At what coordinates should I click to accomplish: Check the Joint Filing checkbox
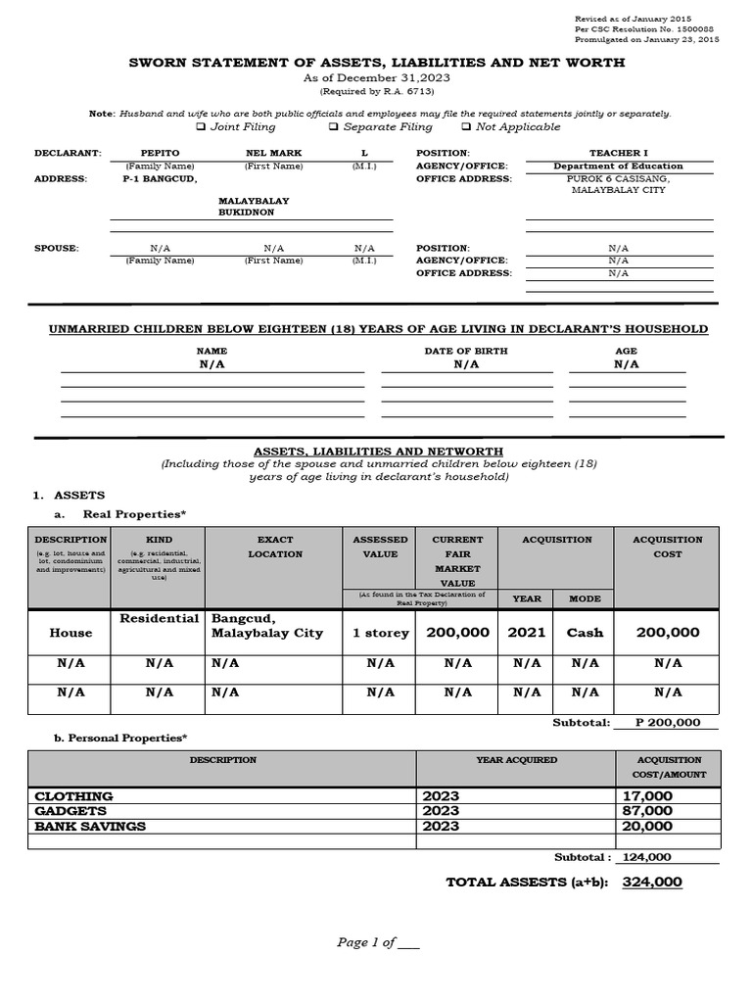click(201, 126)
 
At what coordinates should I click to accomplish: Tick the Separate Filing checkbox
click(334, 126)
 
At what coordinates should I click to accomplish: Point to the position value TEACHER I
click(618, 154)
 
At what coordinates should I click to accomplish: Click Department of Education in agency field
click(618, 167)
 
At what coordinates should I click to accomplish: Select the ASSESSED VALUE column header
click(380, 547)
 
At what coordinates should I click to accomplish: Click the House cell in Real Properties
click(70, 633)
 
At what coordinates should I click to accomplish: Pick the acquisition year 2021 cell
click(526, 633)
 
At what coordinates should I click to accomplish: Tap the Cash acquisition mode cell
click(585, 633)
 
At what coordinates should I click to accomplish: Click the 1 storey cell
click(380, 634)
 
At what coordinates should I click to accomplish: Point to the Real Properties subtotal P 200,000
click(668, 723)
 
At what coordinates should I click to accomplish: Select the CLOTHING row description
click(74, 796)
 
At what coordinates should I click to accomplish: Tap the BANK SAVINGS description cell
click(90, 826)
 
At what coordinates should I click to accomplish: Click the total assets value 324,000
click(652, 883)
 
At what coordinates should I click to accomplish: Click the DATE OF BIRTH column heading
click(466, 351)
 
